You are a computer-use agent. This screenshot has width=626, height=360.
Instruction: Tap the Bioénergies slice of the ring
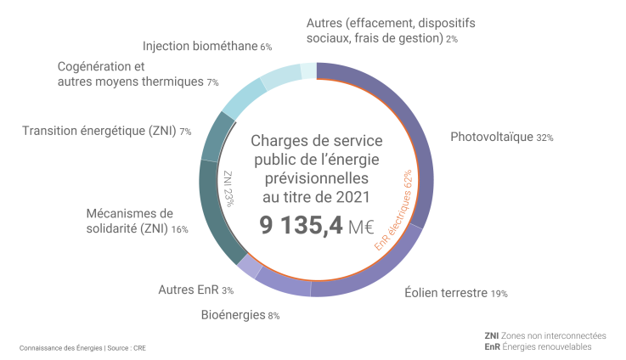coord(285,286)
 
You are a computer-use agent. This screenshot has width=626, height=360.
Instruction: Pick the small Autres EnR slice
coord(250,267)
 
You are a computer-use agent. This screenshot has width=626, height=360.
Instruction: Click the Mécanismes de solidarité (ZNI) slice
coord(215,217)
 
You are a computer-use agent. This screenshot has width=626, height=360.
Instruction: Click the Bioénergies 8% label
coord(240,315)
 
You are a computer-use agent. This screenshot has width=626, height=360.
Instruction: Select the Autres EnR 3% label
coord(195,290)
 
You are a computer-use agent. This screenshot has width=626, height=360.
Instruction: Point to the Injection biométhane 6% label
coord(206,47)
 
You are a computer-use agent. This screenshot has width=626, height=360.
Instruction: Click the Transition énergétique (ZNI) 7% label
coord(106,131)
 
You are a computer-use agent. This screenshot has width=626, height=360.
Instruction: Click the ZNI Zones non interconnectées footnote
coord(544,335)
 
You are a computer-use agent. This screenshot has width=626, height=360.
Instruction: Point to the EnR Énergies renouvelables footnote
coord(537,346)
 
